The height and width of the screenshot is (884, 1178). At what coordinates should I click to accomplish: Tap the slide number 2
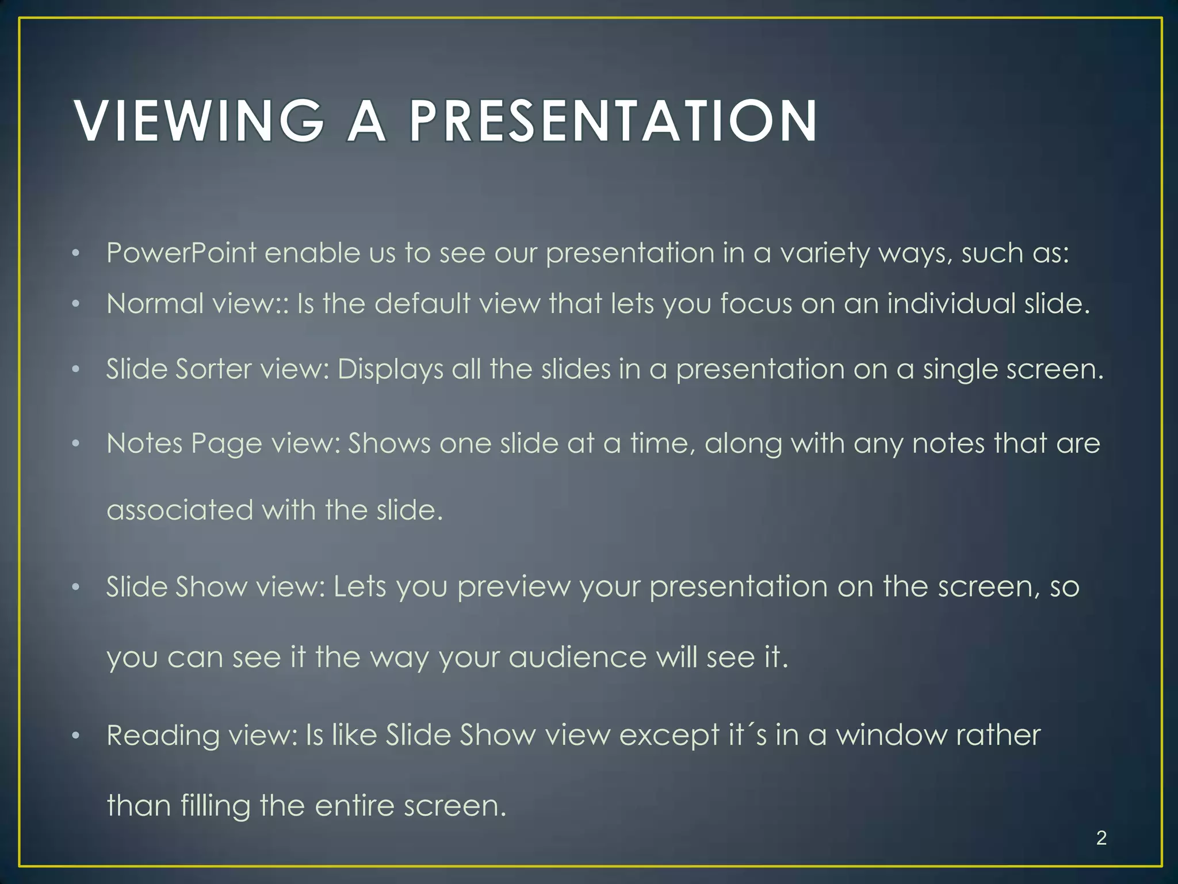pyautogui.click(x=1101, y=837)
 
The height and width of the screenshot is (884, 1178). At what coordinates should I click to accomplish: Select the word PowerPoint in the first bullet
pyautogui.click(x=181, y=253)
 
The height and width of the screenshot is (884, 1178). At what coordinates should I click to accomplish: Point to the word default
pyautogui.click(x=422, y=303)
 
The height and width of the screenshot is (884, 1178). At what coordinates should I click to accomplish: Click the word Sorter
pyautogui.click(x=213, y=369)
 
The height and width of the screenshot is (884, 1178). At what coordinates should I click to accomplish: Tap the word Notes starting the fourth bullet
pyautogui.click(x=144, y=444)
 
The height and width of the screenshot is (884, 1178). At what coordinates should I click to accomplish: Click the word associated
pyautogui.click(x=179, y=510)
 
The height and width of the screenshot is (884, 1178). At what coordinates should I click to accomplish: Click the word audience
pyautogui.click(x=577, y=657)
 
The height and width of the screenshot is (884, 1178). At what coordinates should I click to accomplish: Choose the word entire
pyautogui.click(x=354, y=806)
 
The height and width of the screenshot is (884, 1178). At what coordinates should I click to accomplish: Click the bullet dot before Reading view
pyautogui.click(x=75, y=736)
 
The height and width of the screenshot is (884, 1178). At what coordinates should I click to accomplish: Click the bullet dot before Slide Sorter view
pyautogui.click(x=75, y=369)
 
